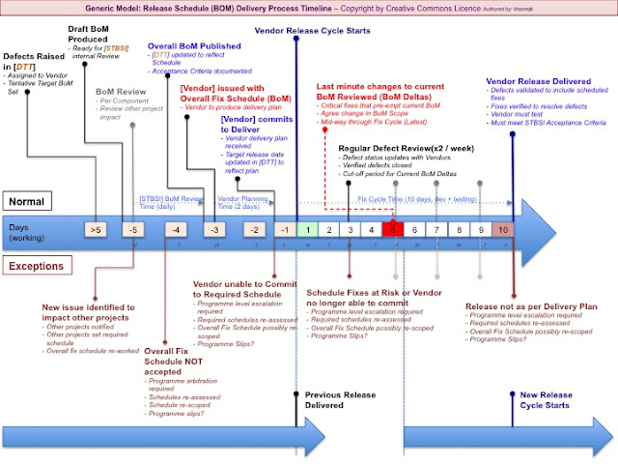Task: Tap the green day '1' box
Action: [x=304, y=229]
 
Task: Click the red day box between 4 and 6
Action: [x=392, y=229]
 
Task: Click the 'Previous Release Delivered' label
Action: [x=339, y=399]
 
